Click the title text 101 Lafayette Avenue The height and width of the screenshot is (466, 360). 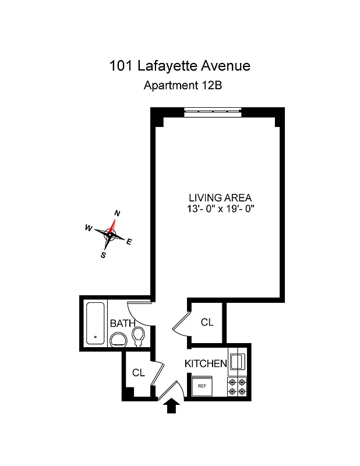179,65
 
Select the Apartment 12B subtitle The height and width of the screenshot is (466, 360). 179,86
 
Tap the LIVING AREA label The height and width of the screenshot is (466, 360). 218,198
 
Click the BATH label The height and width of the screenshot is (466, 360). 122,323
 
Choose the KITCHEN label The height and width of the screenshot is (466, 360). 206,363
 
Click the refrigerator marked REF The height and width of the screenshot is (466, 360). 203,386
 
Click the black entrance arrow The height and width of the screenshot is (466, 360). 171,405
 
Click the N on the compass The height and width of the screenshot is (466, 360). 117,214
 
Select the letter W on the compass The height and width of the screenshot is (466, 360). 89,228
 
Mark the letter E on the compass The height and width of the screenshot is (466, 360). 129,242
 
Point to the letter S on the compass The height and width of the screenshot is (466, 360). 103,255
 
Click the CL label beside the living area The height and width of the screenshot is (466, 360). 206,322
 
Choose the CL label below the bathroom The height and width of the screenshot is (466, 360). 138,373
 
